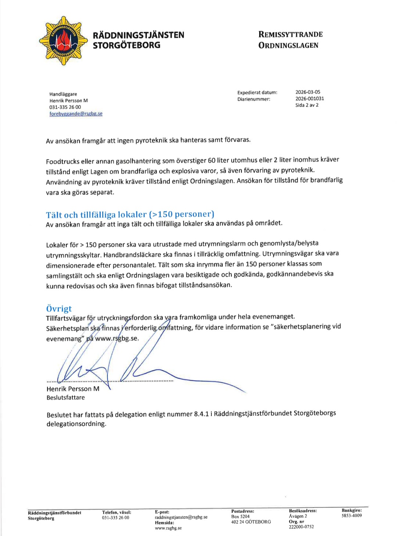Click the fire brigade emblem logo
pos(63,41)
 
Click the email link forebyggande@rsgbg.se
pos(76,114)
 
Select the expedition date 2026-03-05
pos(308,92)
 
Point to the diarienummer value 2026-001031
pos(310,99)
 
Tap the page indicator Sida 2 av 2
pos(307,105)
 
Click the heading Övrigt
pos(59,308)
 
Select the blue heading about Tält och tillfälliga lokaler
pos(130,214)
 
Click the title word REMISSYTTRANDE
pos(290,35)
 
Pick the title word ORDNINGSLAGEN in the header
pos(288,46)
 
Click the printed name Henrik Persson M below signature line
pos(73,389)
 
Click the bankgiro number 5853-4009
pos(351,515)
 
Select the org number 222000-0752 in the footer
pos(301,527)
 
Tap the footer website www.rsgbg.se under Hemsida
pos(168,528)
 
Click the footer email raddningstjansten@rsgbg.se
pos(181,517)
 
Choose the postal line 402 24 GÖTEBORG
pos(251,522)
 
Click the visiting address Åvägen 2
pos(298,516)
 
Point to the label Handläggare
pos(63,94)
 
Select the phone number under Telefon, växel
pos(115,518)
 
